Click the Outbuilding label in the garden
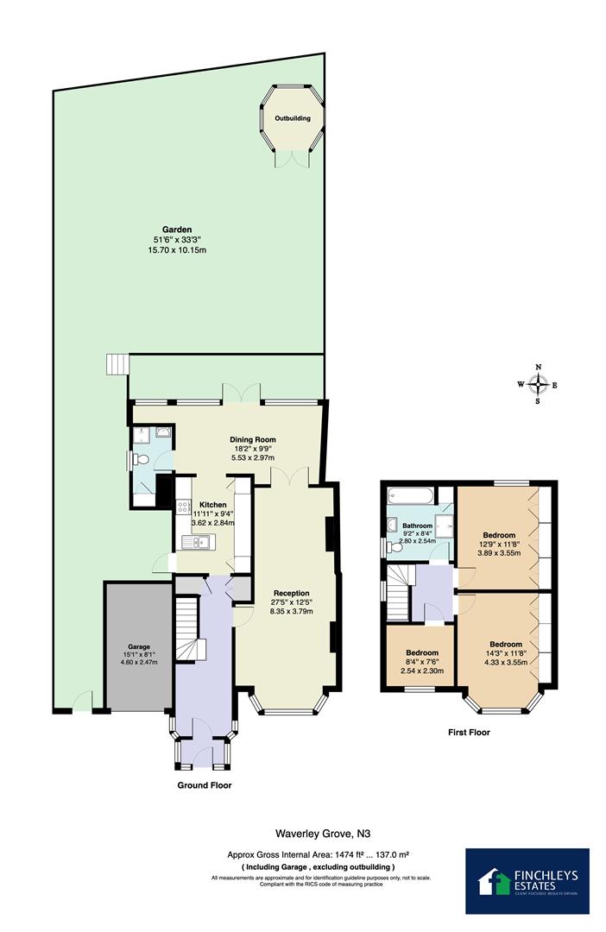pyautogui.click(x=293, y=118)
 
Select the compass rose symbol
pyautogui.click(x=538, y=385)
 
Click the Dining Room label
pyautogui.click(x=251, y=438)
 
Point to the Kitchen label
pyautogui.click(x=213, y=505)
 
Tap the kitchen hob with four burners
pyautogui.click(x=183, y=509)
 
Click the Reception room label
pyautogui.click(x=292, y=593)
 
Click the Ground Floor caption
pyautogui.click(x=205, y=785)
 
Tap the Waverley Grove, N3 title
pyautogui.click(x=312, y=834)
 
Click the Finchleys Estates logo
pyautogui.click(x=527, y=880)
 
